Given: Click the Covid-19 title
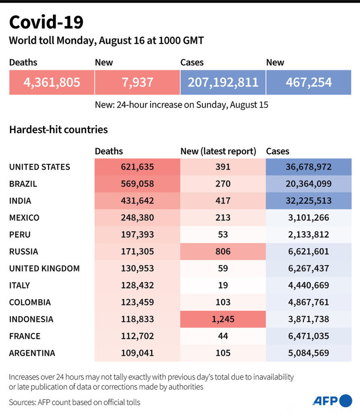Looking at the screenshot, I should coord(46,22).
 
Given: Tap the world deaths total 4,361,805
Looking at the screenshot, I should coord(52,82).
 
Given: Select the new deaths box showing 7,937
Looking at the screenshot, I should coord(137,82).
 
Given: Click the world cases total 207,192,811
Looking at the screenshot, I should coord(223,82).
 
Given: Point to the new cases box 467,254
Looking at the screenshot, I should coord(308,82).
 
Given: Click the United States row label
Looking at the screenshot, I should coord(40,167).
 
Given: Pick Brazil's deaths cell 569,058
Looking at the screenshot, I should coord(137,184).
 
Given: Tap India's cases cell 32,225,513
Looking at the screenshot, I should coord(308,201).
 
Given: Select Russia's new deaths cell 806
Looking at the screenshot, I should coord(223,251).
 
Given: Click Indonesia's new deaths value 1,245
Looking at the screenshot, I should coord(223,319).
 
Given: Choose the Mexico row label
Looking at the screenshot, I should coord(24,218).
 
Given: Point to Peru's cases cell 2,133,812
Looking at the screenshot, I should coord(308,234).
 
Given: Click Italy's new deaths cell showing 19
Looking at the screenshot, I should coord(223,285).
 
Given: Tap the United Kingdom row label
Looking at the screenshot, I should coord(44,268).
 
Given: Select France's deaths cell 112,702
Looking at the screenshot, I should coord(137,336).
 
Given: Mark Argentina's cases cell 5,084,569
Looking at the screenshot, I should coord(308,353).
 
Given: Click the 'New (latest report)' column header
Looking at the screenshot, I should coord(218,151).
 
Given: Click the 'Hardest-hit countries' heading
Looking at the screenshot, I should coord(58,130).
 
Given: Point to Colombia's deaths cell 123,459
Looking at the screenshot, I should coord(137,302).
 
